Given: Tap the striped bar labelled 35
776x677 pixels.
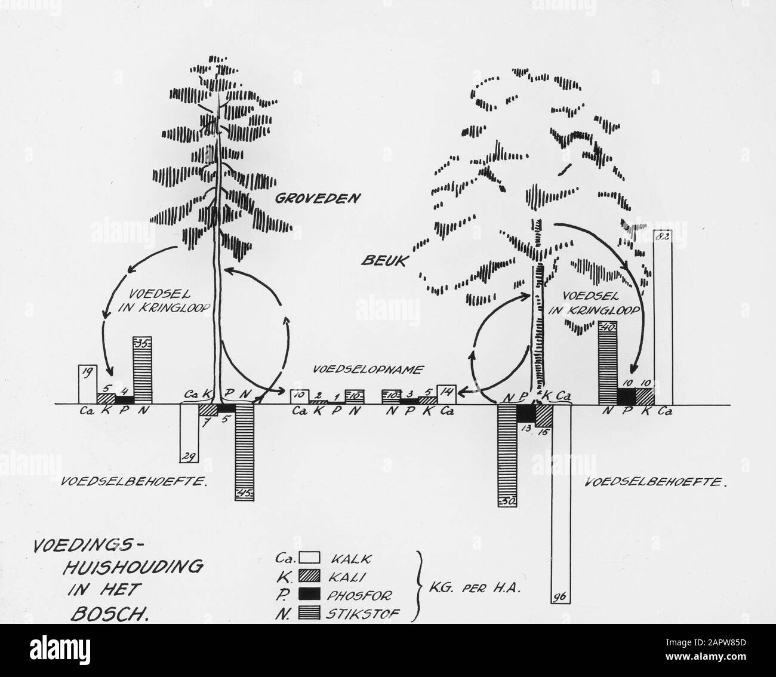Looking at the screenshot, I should [143, 370].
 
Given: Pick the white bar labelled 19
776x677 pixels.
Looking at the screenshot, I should [88, 384].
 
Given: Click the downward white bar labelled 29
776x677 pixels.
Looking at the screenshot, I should [189, 433].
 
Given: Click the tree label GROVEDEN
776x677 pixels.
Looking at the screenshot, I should [318, 198].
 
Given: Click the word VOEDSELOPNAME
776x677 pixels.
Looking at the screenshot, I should [368, 370].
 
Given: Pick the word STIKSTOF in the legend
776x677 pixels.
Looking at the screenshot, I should [364, 613].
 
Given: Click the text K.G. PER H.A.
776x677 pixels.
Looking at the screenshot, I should [473, 586].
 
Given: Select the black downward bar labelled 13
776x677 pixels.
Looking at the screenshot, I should [526, 413].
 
